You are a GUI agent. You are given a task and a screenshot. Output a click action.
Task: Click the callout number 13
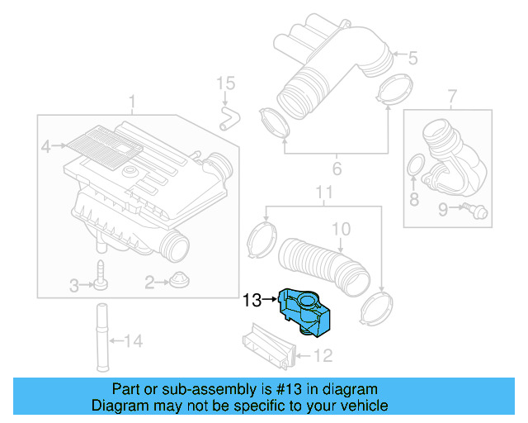[251, 301]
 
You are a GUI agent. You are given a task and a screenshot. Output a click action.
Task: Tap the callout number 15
[225, 83]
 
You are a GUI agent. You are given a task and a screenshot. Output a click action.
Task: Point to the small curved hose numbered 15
[227, 116]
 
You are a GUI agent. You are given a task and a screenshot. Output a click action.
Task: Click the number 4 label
[47, 147]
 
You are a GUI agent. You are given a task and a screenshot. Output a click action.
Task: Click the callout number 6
[336, 171]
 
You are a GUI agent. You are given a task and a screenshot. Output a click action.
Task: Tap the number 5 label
[412, 58]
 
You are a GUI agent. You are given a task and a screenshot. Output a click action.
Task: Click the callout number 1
[132, 102]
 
